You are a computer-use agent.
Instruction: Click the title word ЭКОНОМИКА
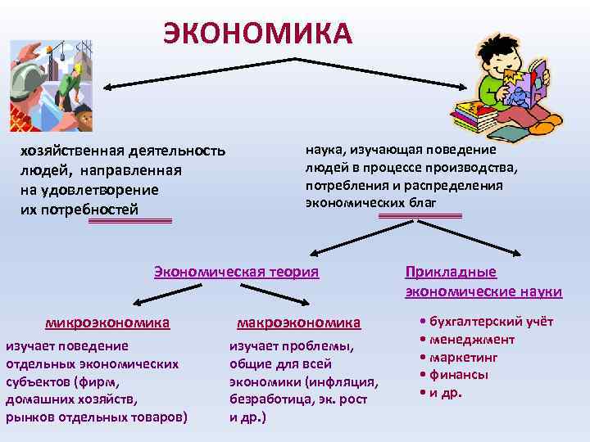click(258, 33)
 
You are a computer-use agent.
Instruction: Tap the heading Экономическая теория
click(236, 272)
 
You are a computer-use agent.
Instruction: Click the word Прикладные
click(451, 273)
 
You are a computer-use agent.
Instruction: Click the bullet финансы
click(456, 375)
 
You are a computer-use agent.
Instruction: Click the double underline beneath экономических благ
click(420, 215)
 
